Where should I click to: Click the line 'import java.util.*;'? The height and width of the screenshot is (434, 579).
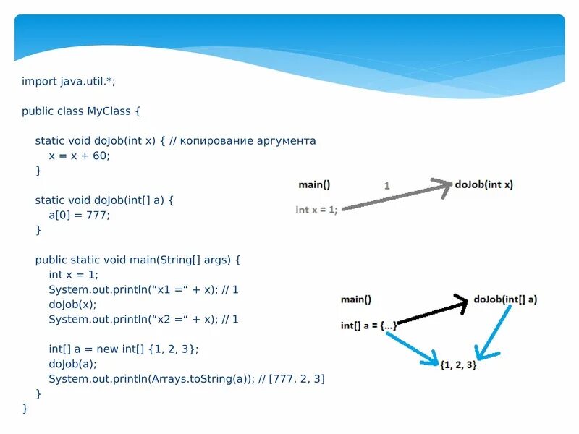pos(68,82)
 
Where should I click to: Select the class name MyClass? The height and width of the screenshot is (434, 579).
pos(109,111)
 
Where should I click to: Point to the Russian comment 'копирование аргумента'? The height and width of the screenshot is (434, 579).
pos(253,141)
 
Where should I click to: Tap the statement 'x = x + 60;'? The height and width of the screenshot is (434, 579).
pos(79,156)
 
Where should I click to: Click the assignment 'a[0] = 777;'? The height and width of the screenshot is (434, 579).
pos(79,215)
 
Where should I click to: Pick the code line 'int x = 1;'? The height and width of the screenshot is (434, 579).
pos(73,274)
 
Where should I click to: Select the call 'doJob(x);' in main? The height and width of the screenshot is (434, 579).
pos(72,304)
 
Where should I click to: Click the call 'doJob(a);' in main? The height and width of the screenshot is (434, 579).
pos(72,364)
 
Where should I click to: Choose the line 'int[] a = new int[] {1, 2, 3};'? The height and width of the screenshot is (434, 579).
pos(123,349)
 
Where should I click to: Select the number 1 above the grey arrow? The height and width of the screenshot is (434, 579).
pos(386,186)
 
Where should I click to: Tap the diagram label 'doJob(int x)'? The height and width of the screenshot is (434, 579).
pos(484,184)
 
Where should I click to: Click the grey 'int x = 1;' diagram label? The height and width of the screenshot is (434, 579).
pos(316,210)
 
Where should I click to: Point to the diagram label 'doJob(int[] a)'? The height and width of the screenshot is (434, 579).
pos(506,299)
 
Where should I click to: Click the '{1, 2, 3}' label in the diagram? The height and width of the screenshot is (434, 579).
pos(458,365)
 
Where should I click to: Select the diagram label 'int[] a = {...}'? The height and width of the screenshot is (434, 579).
pos(368,325)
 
